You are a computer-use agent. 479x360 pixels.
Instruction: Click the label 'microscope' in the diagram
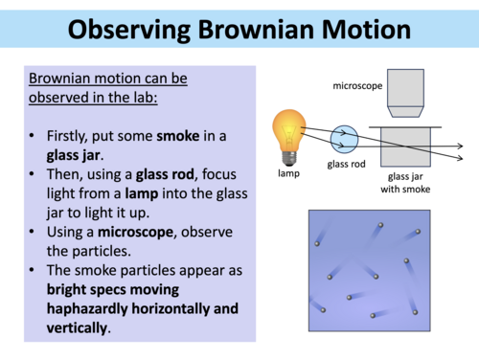(359, 84)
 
